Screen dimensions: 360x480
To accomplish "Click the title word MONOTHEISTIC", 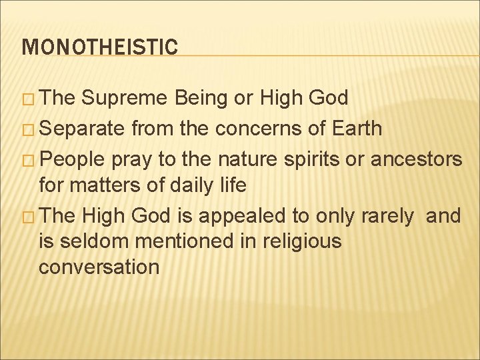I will coord(100,47).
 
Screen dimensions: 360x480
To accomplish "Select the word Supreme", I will coord(125,99).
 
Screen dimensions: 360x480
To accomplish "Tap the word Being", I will coord(203,99).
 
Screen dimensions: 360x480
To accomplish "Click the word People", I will coord(73,158).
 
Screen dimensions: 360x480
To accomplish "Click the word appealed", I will coord(230,216).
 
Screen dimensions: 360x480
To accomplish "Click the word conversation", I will coord(99,267).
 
